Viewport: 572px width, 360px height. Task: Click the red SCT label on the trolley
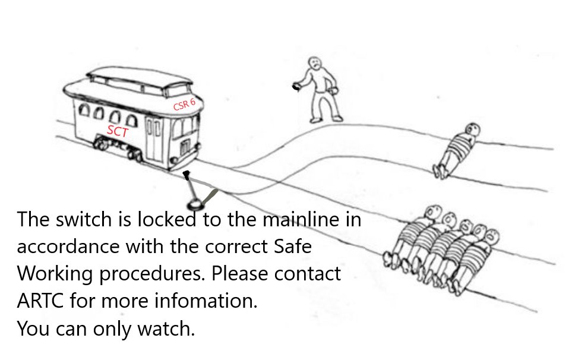117,132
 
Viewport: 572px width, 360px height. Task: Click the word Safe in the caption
290,247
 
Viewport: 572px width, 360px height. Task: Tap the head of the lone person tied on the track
472,128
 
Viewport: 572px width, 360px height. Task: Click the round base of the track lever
194,205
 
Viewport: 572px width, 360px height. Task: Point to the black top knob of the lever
187,174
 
